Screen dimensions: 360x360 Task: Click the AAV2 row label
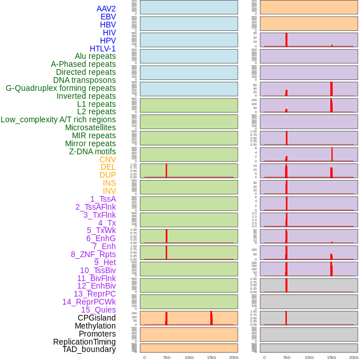tap(106, 9)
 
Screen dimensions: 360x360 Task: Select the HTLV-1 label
tap(102, 49)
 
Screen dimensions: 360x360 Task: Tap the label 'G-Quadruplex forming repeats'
tap(61, 89)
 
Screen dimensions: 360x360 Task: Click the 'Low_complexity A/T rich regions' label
tap(58, 119)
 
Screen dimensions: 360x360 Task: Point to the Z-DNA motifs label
tap(93, 151)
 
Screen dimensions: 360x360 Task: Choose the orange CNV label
tap(107, 159)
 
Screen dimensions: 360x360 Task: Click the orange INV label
tap(109, 191)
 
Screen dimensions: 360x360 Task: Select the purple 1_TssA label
tap(103, 199)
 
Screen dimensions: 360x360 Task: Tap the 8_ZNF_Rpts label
tap(93, 254)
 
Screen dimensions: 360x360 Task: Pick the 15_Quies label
tap(98, 310)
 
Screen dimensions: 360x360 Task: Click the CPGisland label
tap(97, 318)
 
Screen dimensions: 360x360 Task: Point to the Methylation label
tap(95, 326)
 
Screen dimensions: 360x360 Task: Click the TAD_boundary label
tap(89, 349)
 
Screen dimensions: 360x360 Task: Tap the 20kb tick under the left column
tap(234, 357)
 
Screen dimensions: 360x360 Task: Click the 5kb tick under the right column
tap(287, 357)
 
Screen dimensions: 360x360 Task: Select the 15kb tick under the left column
tap(211, 357)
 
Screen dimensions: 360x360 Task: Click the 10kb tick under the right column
tap(309, 357)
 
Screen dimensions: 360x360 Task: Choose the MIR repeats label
tap(94, 135)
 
